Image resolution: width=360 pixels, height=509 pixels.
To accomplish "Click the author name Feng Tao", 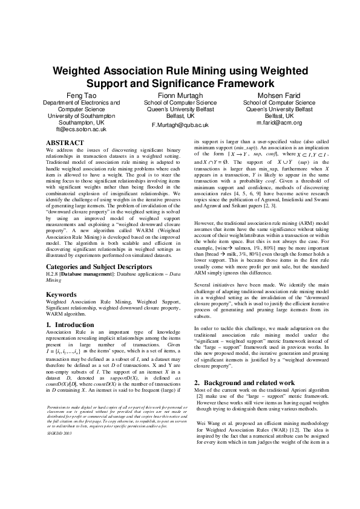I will pos(80,96).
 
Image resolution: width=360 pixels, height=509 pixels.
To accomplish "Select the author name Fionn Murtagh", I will pos(180,96).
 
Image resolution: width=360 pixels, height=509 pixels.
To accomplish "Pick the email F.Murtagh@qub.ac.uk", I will pos(180,125).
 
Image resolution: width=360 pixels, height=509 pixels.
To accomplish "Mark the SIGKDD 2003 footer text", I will pos(59,451).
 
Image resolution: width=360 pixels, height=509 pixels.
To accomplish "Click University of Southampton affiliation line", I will pos(80,115).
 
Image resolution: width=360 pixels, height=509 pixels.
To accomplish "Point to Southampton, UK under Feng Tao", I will pos(80,122).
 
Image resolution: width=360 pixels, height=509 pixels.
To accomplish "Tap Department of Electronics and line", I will pos(80,103).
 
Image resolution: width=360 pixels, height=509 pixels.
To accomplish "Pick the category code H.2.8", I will pos(53,274).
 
